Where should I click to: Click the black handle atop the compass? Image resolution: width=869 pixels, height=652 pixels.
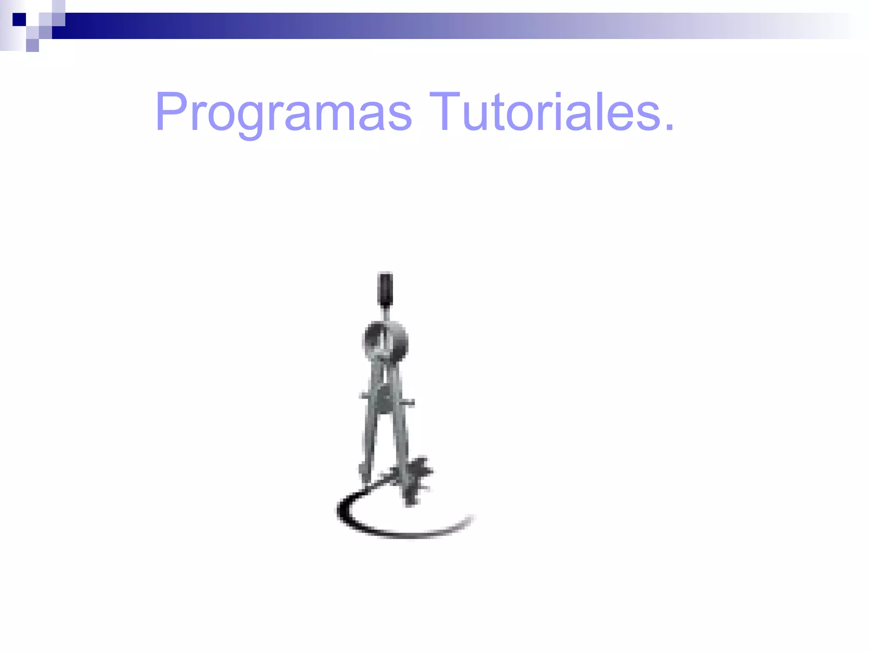pyautogui.click(x=385, y=288)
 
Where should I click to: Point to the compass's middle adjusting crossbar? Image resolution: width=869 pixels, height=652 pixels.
pyautogui.click(x=386, y=399)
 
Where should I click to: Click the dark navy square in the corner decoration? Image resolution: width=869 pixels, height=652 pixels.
pyautogui.click(x=19, y=19)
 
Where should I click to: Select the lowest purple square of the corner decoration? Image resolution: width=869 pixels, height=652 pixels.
pyautogui.click(x=32, y=45)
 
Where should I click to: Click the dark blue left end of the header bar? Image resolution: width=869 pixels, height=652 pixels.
pyautogui.click(x=85, y=26)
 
